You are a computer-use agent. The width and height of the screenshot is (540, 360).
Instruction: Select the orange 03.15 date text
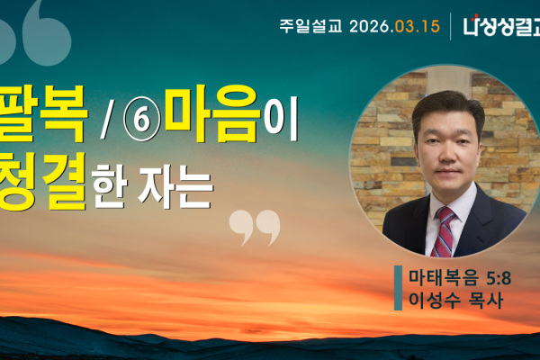pos(418,25)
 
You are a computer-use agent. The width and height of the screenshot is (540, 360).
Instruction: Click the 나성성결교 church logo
pos(500,25)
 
